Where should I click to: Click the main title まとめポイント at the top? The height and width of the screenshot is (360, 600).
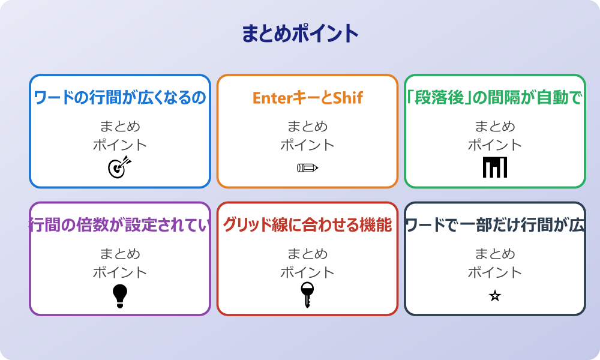point(300,34)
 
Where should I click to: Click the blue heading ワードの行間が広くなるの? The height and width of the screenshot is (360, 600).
point(120,98)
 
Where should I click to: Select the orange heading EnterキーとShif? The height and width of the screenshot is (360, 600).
point(307,98)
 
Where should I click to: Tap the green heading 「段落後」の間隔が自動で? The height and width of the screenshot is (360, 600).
point(494,98)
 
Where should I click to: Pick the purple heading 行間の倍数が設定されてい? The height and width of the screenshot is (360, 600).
point(120,225)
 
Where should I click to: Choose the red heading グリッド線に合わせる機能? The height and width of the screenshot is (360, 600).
point(307,225)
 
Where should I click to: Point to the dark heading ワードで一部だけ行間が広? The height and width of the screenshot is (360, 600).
point(494,225)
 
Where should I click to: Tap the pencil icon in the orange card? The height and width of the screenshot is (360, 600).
point(307,167)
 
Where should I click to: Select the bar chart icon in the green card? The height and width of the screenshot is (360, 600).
point(494,167)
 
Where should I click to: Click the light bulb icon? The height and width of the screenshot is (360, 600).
point(120,296)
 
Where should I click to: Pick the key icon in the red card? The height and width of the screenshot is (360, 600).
point(307,295)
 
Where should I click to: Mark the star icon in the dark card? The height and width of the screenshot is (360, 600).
point(494,296)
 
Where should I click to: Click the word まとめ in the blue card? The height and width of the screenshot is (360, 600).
point(120,127)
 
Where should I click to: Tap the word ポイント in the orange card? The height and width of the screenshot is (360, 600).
point(307,145)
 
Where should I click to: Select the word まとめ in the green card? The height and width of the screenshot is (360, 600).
point(494,127)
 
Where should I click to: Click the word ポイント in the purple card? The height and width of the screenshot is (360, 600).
point(120,272)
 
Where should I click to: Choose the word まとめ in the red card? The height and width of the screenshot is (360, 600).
point(307,254)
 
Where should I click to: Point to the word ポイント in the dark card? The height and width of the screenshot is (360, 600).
point(494,272)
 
